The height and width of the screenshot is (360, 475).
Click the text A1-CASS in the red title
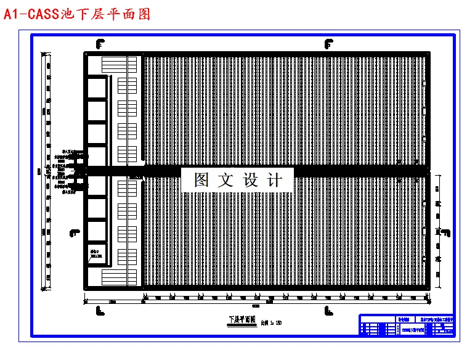(31, 14)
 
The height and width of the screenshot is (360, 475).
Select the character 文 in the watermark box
(227, 180)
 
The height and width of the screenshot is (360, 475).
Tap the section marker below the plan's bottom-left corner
(100, 311)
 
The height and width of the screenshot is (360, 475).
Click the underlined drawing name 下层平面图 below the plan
(242, 320)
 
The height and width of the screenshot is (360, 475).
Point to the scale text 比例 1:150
(271, 322)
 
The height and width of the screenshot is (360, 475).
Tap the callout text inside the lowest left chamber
(95, 253)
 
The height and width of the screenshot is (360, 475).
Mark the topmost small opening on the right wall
(424, 112)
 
